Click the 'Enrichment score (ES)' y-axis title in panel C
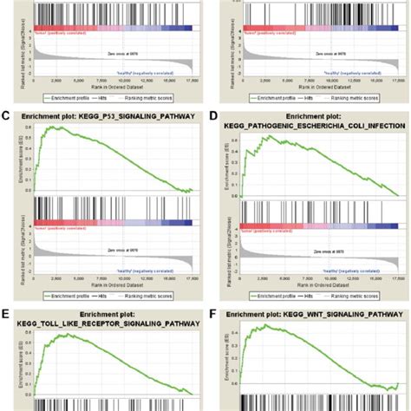pos(16,158)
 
